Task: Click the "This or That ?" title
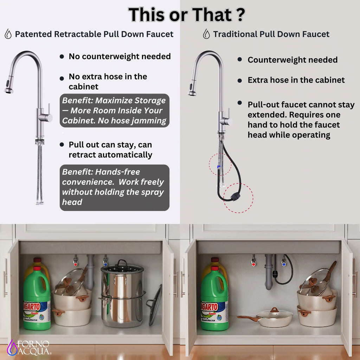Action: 187,15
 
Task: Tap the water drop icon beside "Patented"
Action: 8,34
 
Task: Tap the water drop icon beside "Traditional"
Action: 206,34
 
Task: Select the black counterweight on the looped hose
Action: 236,197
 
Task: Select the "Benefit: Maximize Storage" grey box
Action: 114,110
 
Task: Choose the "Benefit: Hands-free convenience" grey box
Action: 114,188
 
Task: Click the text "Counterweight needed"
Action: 292,60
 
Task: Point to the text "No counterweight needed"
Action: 120,56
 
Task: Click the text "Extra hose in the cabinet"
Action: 296,80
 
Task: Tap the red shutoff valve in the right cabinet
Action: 253,262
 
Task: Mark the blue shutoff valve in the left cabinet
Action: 105,261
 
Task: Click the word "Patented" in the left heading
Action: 33,34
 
